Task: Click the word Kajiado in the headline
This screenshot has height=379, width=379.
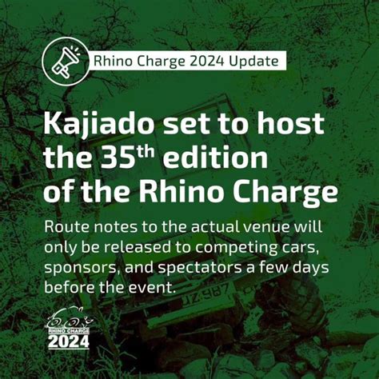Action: click(x=104, y=126)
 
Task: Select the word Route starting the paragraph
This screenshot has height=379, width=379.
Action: click(x=68, y=227)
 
